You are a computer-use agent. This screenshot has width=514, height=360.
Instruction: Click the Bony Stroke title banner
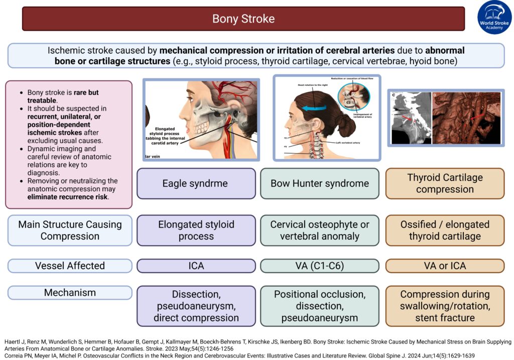(243, 19)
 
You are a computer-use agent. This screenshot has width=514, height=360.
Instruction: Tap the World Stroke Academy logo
(494, 18)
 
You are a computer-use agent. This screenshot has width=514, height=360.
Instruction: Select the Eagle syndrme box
(196, 183)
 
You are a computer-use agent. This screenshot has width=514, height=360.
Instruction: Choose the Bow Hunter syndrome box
(320, 183)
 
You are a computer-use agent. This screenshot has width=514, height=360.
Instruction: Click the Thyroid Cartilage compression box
(445, 183)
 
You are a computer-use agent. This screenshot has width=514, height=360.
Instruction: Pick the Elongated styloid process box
(196, 230)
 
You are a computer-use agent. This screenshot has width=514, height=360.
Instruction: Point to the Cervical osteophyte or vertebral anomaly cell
(320, 230)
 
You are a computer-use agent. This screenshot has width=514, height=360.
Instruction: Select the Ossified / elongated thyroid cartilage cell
(445, 230)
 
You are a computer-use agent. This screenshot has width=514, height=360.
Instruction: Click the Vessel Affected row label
(70, 266)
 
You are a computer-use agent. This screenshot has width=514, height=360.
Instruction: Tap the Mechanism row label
(70, 292)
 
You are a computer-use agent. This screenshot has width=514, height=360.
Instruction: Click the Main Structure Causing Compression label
(70, 230)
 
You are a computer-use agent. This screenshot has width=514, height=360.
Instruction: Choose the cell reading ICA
(196, 266)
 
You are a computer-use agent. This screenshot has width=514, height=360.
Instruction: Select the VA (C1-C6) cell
(320, 266)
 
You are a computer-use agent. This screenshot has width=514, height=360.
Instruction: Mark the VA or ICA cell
(445, 266)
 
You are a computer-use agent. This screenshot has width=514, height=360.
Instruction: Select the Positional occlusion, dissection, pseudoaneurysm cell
(320, 305)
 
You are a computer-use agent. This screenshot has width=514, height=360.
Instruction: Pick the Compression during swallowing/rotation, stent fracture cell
(445, 305)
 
